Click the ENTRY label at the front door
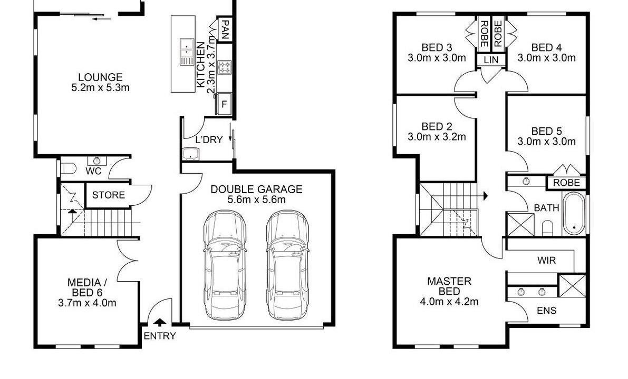(x=159, y=336)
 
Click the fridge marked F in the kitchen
(x=224, y=104)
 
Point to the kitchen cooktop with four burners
(x=225, y=67)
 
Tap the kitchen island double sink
(x=187, y=52)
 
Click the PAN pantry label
(x=225, y=29)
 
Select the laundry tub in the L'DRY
(x=191, y=154)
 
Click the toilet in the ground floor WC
(x=68, y=168)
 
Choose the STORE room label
(x=109, y=195)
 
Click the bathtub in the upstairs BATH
(x=574, y=214)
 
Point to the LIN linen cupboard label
(x=491, y=60)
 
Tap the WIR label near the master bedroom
(x=546, y=260)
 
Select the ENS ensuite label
(x=547, y=311)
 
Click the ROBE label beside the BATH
(x=566, y=183)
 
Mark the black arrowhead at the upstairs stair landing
(x=485, y=196)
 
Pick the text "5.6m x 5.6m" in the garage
(x=256, y=200)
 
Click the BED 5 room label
(x=546, y=131)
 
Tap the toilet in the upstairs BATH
(x=547, y=228)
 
